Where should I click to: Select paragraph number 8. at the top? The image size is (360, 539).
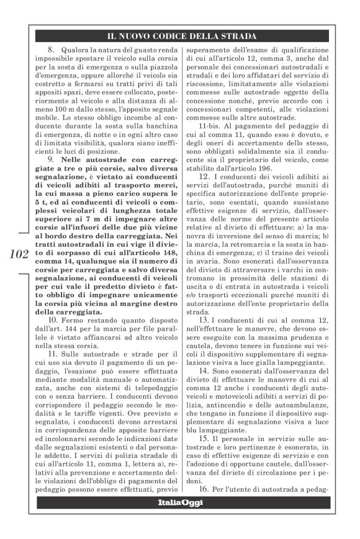pos(52,49)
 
